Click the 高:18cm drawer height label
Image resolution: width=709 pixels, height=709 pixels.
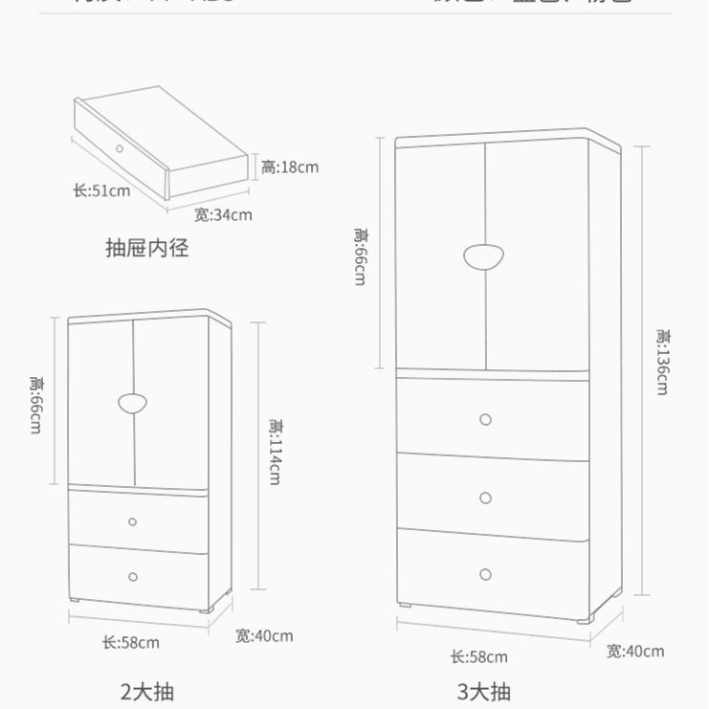pyautogui.click(x=290, y=167)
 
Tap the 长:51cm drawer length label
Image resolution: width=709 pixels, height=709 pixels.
pyautogui.click(x=101, y=190)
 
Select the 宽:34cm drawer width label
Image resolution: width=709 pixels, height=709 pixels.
pyautogui.click(x=223, y=214)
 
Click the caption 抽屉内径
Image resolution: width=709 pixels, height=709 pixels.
pyautogui.click(x=146, y=249)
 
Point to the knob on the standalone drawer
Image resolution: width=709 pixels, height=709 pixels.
pyautogui.click(x=120, y=147)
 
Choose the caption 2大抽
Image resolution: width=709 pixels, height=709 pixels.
pyautogui.click(x=147, y=691)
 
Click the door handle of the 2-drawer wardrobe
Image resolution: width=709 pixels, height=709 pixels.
pyautogui.click(x=133, y=403)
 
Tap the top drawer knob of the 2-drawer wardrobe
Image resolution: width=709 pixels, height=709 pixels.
pyautogui.click(x=133, y=522)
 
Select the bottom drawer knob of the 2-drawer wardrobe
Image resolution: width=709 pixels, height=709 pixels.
pyautogui.click(x=133, y=577)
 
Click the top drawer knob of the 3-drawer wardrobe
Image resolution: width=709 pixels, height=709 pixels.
pyautogui.click(x=485, y=419)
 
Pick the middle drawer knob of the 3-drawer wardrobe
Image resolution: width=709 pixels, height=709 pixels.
pyautogui.click(x=485, y=498)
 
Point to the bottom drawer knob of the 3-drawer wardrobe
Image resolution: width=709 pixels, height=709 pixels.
pyautogui.click(x=485, y=575)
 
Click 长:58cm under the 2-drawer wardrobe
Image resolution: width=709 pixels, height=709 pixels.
pyautogui.click(x=130, y=643)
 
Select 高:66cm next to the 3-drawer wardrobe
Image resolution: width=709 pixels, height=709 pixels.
pyautogui.click(x=360, y=256)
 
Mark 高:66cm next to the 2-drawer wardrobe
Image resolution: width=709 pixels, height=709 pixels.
pyautogui.click(x=35, y=404)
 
